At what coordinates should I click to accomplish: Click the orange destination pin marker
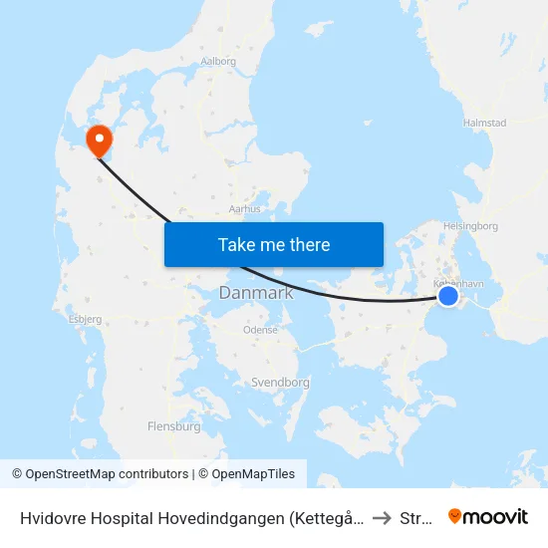pos(100,140)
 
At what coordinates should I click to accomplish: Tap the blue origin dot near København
pos(448,296)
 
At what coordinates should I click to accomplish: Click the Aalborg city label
pos(218,61)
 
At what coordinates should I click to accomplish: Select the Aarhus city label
pos(244,209)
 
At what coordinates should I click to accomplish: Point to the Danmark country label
pos(256,293)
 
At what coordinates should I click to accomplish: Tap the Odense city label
pos(260,329)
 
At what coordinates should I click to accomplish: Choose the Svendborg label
pos(280,382)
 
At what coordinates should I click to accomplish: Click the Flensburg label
pos(173,426)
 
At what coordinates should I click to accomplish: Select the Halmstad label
pos(484,123)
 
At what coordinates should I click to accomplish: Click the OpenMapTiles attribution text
pos(250,474)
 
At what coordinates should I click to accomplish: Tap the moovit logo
pos(488,516)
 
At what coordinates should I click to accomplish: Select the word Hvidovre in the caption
pos(52,517)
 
